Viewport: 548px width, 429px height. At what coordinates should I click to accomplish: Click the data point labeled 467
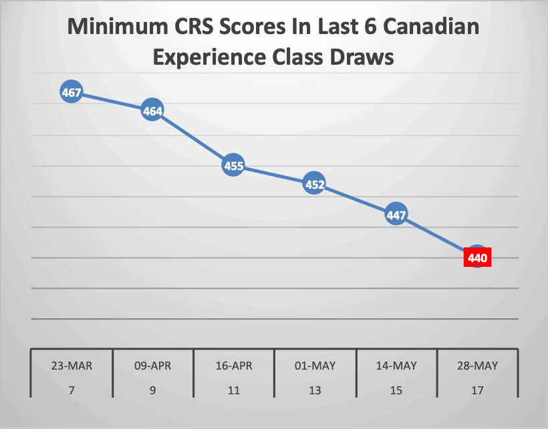point(72,93)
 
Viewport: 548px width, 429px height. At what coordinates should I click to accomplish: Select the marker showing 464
point(152,111)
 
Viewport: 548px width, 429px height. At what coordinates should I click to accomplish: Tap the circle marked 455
point(233,166)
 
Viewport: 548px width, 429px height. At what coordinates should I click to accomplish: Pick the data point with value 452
point(314,184)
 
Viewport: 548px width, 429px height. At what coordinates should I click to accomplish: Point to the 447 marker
point(396,215)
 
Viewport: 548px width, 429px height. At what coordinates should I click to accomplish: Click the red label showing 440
point(477,257)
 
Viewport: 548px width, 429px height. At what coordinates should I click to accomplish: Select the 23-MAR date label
point(72,366)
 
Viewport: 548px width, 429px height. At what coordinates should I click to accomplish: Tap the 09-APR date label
point(152,366)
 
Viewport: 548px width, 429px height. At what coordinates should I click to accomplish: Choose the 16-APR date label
point(234,366)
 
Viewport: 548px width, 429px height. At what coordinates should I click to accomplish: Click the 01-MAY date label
point(315,366)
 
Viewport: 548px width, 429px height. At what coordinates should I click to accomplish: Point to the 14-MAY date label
point(396,366)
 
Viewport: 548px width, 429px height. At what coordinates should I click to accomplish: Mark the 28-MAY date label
point(477,366)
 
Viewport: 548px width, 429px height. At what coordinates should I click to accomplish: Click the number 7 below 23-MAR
point(72,390)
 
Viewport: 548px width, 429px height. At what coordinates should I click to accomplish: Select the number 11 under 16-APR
point(234,390)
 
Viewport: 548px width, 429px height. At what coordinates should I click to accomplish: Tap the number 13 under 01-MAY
point(315,390)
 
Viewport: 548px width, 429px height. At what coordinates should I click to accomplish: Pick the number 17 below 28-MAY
point(477,390)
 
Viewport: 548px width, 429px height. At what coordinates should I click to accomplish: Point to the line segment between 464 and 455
point(193,139)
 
